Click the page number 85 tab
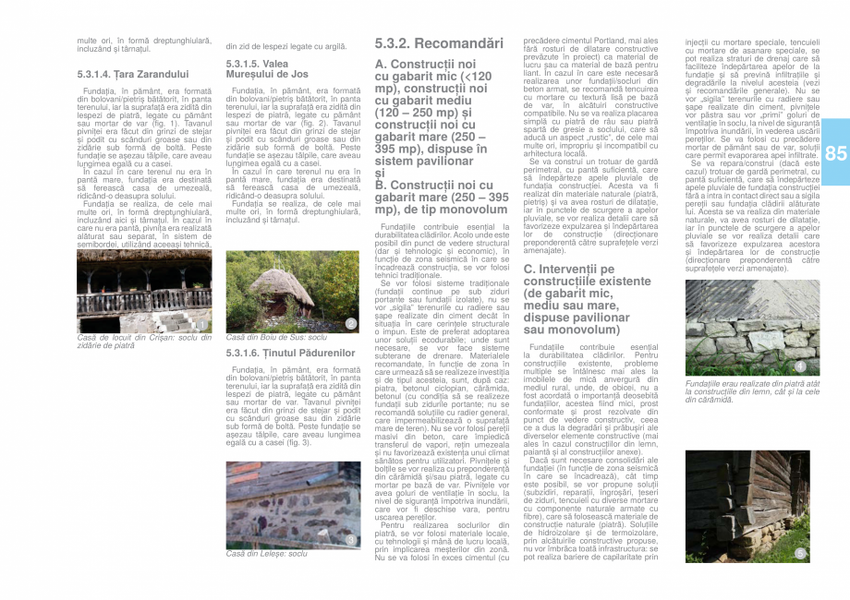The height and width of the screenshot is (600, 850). point(835,155)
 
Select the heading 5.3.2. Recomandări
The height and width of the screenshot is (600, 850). point(439,43)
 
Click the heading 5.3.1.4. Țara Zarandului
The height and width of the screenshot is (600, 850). point(133,73)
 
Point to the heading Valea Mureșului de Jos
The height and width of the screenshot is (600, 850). point(267,68)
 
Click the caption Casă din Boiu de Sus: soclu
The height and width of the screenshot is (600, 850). point(276,338)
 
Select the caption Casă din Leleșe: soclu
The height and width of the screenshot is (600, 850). point(267,553)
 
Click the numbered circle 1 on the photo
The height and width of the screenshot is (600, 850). point(202,324)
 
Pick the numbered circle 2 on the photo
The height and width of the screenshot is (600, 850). point(351,323)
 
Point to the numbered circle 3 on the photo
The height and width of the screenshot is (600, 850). point(351,539)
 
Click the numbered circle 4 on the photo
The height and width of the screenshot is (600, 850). point(800,367)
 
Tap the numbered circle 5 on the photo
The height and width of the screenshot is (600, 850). point(800,552)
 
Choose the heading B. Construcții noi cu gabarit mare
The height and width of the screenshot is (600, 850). point(441,197)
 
